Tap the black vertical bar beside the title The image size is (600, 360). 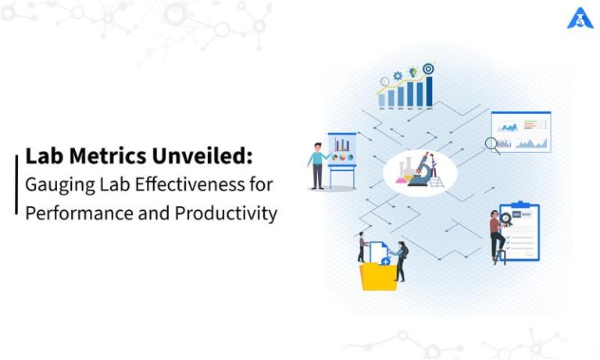coord(16,184)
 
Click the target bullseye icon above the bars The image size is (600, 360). coord(428,69)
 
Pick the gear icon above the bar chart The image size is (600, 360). coord(398,75)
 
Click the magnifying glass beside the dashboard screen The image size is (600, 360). coord(491,143)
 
